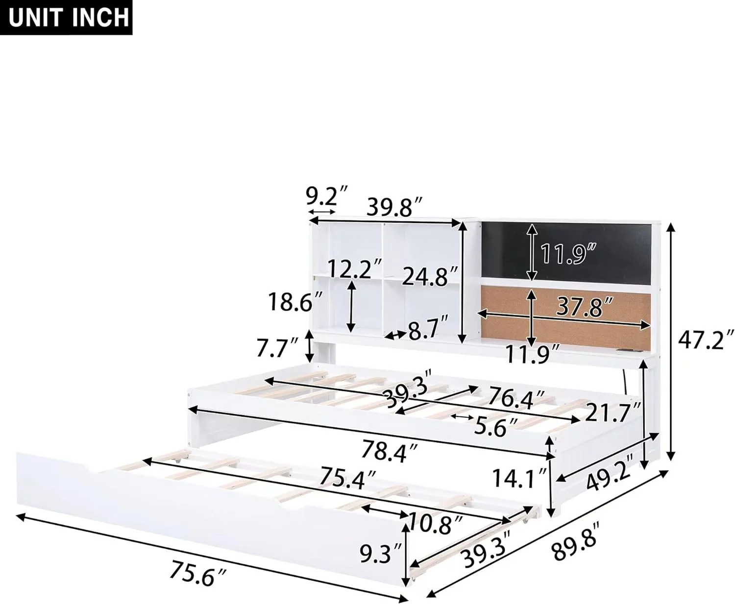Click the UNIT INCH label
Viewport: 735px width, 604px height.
[69, 18]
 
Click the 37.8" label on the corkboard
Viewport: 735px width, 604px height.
[584, 306]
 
